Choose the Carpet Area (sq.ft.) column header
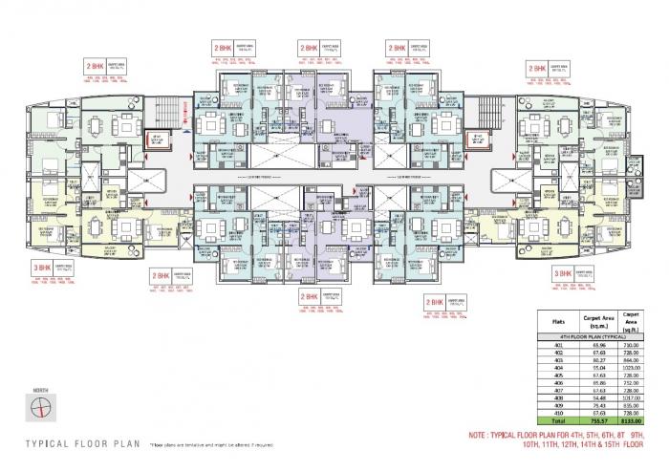(632, 321)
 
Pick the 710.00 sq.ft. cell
(632, 346)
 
